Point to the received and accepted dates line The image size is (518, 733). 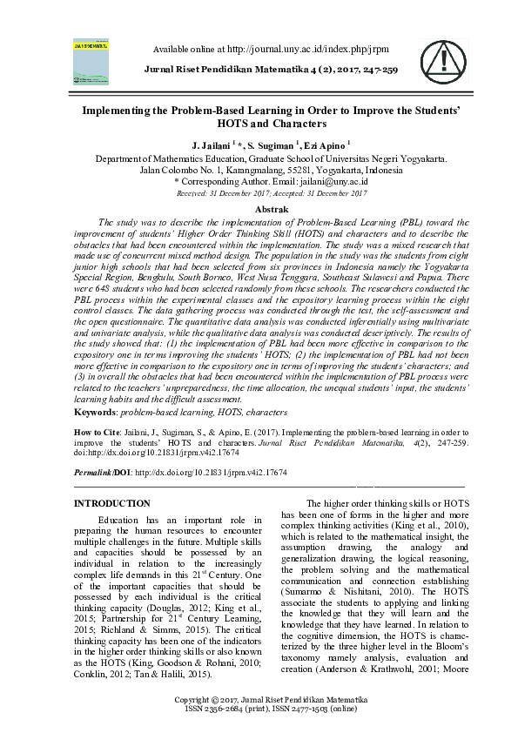point(271,193)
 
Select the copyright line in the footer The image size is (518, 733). point(271,700)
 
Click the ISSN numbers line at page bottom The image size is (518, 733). point(271,709)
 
